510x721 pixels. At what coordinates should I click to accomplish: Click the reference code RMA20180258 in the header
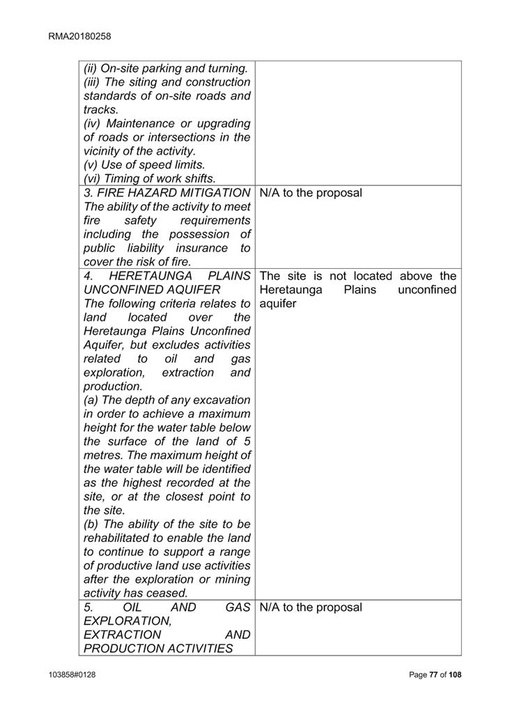point(80,36)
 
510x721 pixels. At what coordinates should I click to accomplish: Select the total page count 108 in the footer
point(454,674)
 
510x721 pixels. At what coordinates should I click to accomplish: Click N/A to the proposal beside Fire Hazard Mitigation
point(311,193)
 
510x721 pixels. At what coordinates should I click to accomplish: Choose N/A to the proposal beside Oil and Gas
point(311,607)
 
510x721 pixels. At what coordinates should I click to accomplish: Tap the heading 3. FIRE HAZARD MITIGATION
point(167,193)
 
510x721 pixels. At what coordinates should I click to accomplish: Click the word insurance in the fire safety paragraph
point(205,248)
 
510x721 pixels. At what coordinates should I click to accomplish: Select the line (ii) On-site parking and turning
point(166,69)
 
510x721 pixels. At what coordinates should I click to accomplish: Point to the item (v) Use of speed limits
point(144,165)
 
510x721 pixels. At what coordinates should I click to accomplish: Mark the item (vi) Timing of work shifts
point(150,179)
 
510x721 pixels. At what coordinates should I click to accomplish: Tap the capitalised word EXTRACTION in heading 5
point(123,635)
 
